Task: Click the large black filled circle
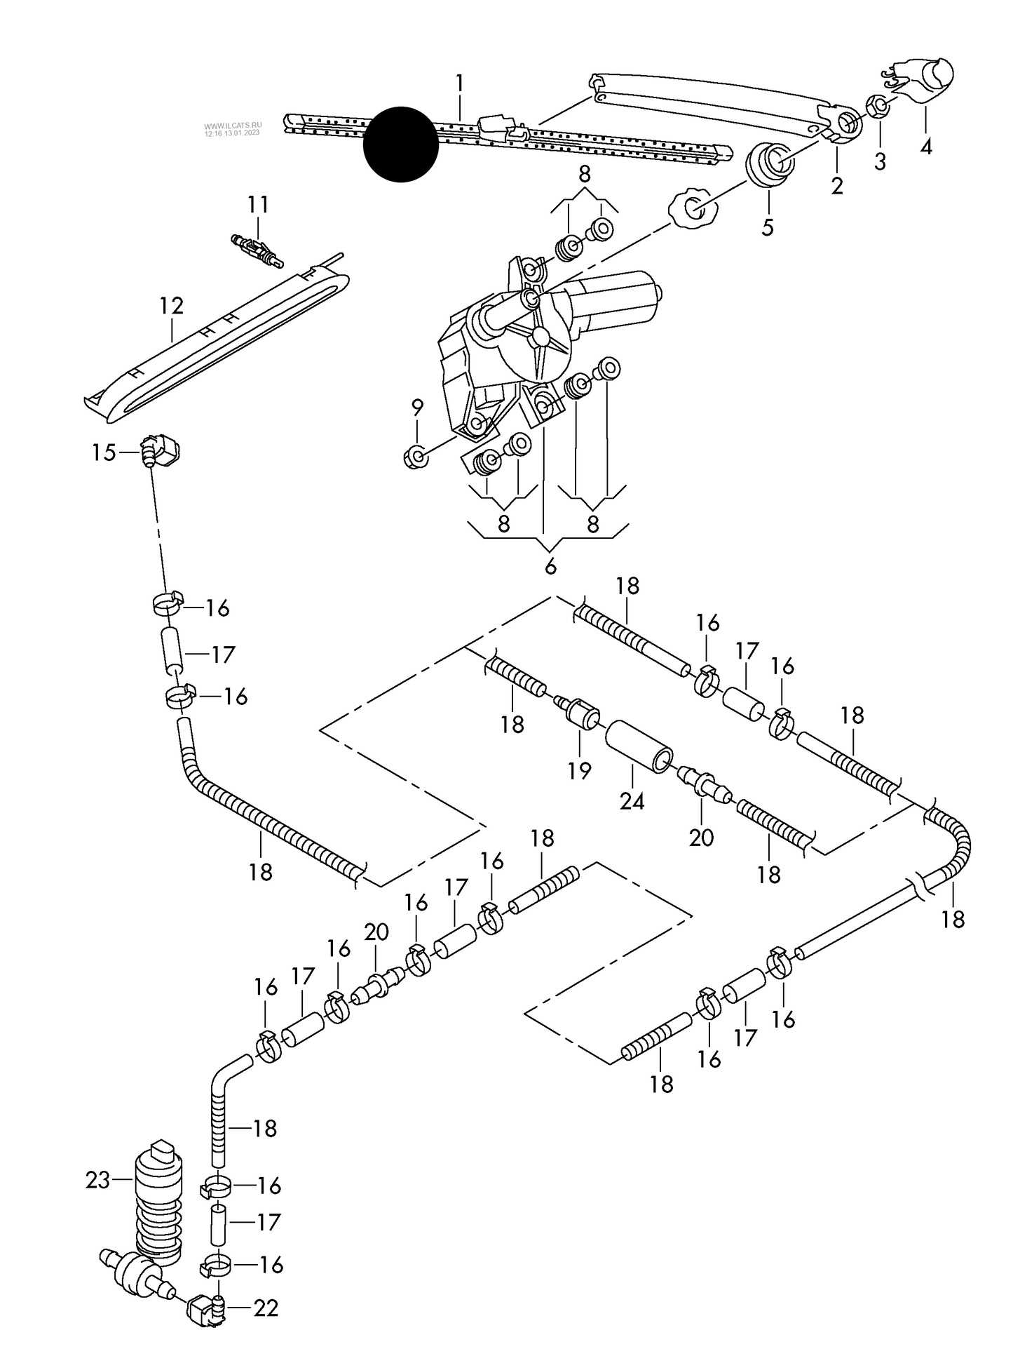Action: point(400,145)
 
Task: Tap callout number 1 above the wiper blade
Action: point(459,84)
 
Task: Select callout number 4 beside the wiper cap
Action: point(926,147)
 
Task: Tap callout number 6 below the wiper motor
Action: point(550,566)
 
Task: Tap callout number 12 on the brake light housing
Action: point(171,306)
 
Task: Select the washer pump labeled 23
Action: point(158,1204)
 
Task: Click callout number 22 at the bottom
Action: point(266,1308)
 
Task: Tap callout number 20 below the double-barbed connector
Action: point(701,837)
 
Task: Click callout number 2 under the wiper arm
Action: point(837,186)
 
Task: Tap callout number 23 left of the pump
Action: point(98,1180)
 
